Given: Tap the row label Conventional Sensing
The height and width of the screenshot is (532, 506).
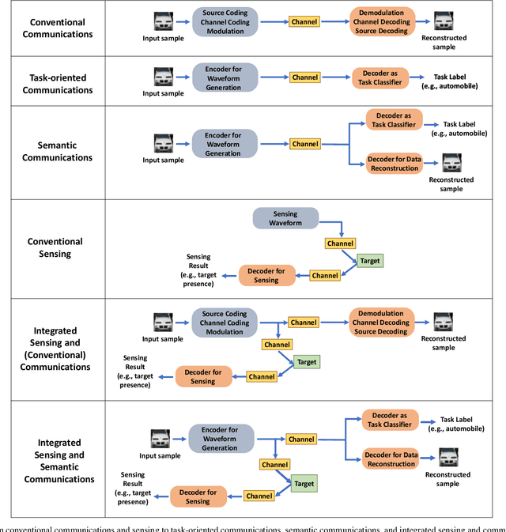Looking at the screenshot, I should pos(55,248).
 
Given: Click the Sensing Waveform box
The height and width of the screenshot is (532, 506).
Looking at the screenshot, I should pos(285,219).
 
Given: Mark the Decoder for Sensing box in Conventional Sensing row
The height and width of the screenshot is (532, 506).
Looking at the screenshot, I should pos(268,275).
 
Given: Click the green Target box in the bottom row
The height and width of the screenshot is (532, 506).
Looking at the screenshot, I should pos(304,484).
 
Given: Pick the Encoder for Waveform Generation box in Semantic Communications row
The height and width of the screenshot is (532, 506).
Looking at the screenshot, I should pos(225,144).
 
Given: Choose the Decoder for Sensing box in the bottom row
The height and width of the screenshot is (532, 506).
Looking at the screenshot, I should pos(202,496).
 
